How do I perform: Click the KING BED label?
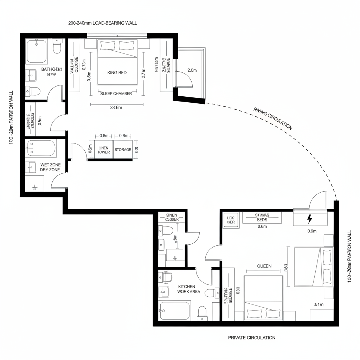pos(117,72)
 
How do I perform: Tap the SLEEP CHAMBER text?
pos(116,94)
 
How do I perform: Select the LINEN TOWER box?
pos(104,150)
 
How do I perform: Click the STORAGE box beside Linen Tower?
pos(123,150)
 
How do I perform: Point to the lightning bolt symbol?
pos(310,219)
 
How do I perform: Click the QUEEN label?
pos(264,266)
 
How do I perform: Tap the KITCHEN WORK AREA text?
pos(189,289)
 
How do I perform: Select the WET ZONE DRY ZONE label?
pos(50,167)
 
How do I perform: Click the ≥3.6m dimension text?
pos(116,108)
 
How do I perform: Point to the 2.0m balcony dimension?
pos(192,70)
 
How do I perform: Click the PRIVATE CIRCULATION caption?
pos(252,337)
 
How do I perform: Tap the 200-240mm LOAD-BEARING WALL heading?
pos(103,23)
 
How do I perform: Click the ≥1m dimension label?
pos(318,304)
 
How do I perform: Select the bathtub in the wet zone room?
pos(41,148)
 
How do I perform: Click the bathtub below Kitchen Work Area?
pos(174,310)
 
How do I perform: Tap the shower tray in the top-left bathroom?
pos(37,51)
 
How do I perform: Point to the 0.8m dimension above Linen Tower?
pos(104,136)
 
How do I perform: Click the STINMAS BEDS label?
pos(262,217)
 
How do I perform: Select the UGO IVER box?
pos(231,220)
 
